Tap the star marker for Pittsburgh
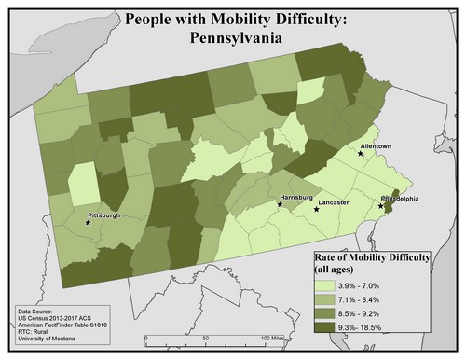88,223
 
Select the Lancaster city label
333,201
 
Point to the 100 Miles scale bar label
272,337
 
